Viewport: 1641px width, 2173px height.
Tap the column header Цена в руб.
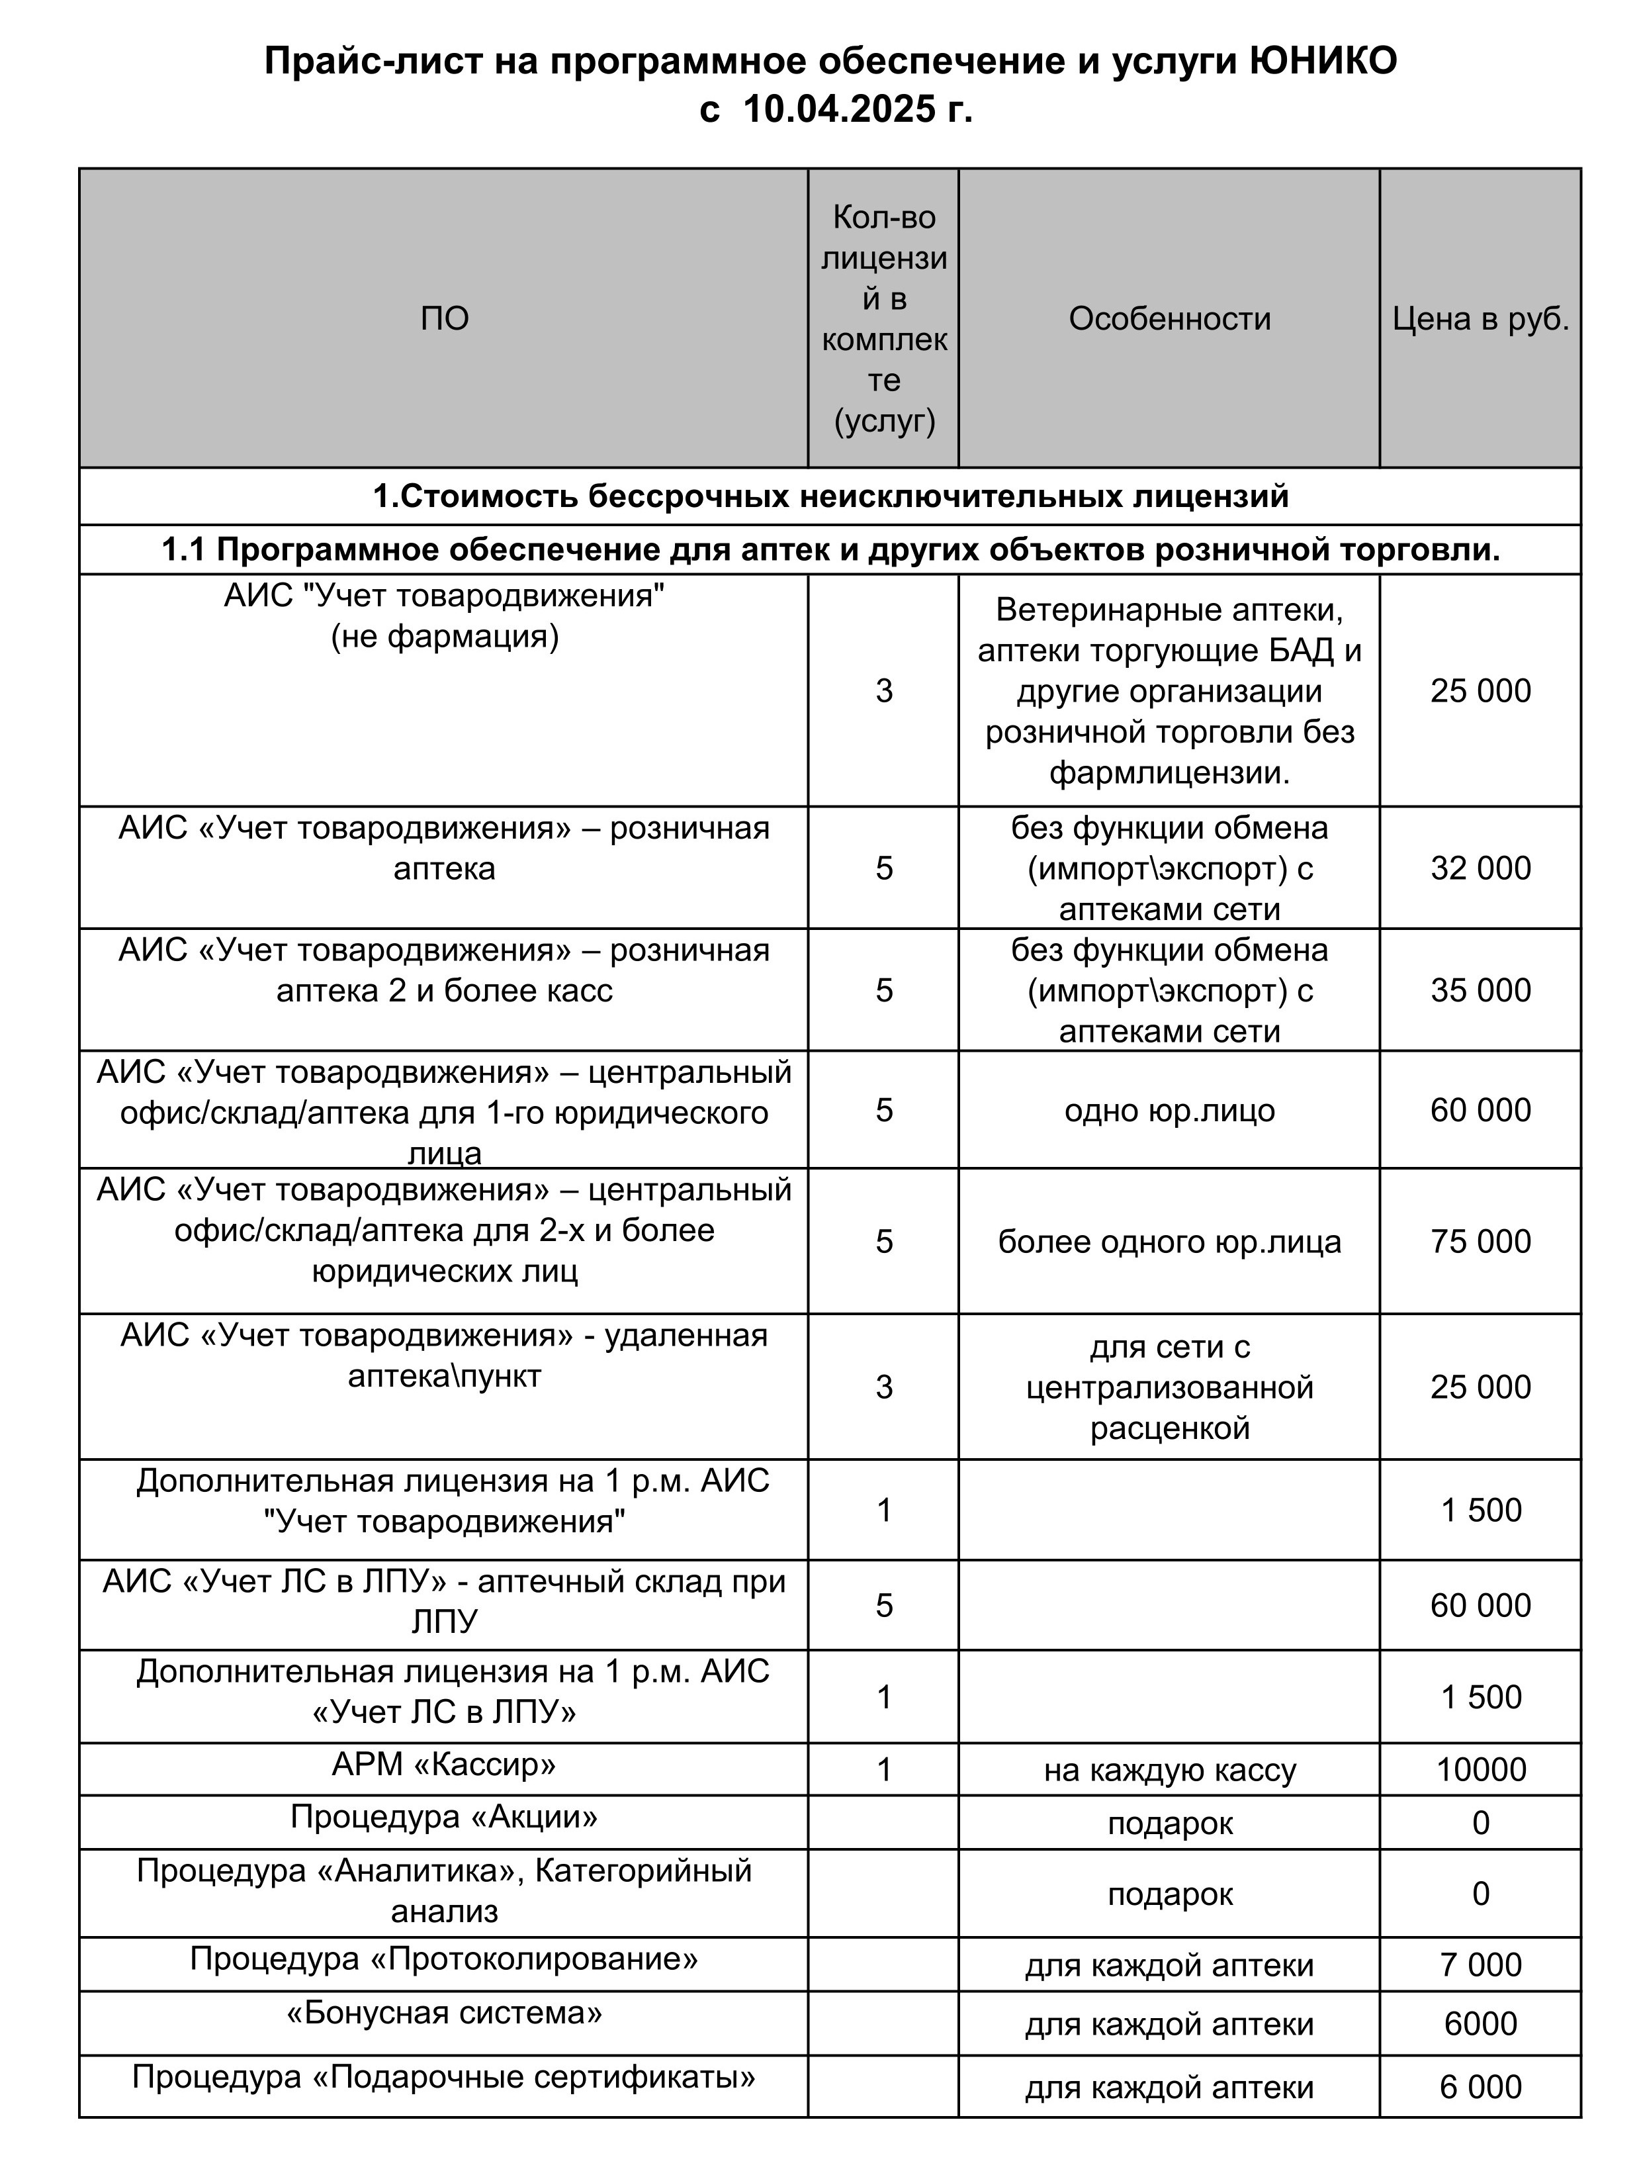[x=1480, y=318]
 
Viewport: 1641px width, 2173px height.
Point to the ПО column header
[x=444, y=318]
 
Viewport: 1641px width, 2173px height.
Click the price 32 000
[x=1480, y=868]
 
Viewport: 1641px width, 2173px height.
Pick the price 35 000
[x=1480, y=990]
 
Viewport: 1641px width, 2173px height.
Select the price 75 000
[x=1480, y=1242]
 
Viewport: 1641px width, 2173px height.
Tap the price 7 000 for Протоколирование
[x=1480, y=1965]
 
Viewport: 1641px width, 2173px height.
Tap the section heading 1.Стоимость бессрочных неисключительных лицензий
[x=830, y=496]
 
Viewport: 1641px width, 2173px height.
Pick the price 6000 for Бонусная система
[x=1480, y=2023]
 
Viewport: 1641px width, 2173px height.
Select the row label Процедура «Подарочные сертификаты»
[x=444, y=2077]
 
